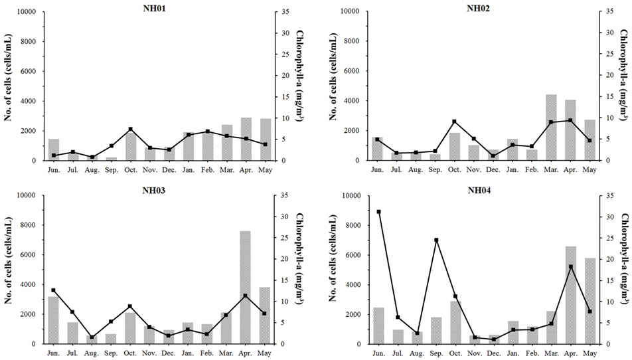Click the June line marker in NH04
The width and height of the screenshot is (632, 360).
(x=378, y=212)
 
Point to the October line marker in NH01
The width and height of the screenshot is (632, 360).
(x=131, y=129)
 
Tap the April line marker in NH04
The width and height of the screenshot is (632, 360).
(x=570, y=267)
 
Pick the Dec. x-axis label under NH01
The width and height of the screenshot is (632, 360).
(x=169, y=171)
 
